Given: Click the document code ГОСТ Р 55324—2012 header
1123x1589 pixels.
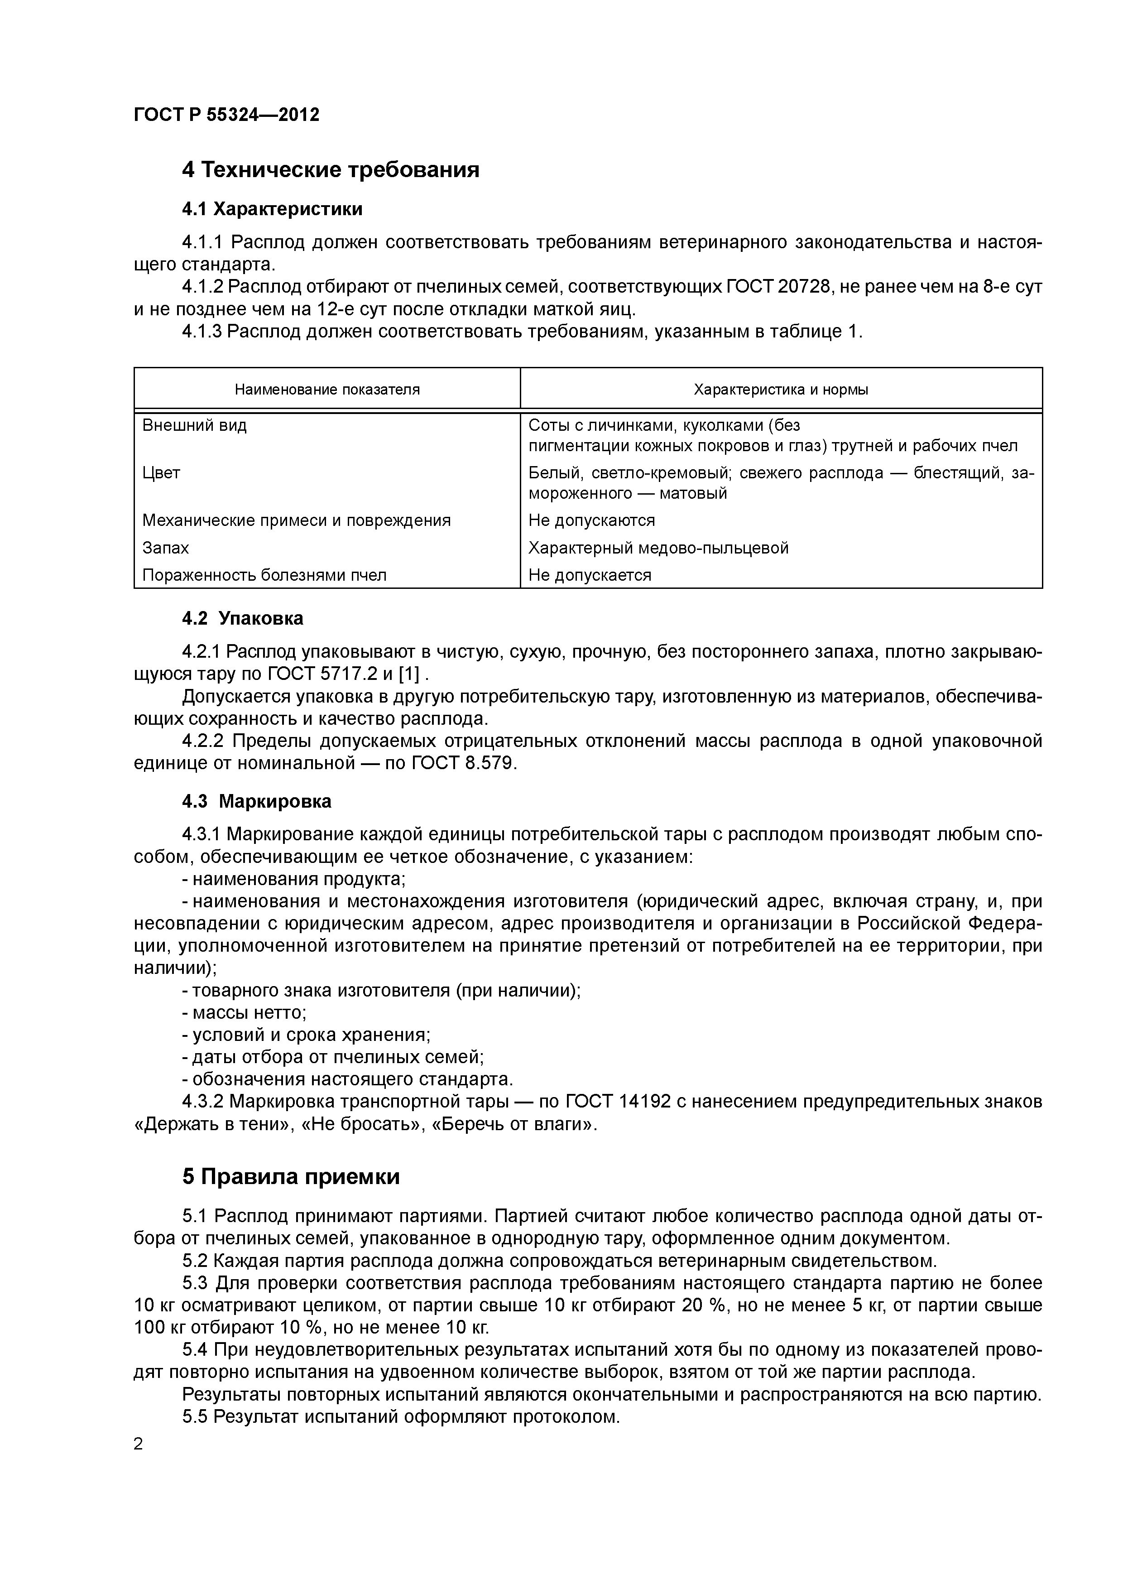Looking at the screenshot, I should [x=226, y=115].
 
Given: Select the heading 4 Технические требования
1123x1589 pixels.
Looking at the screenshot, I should [x=330, y=169].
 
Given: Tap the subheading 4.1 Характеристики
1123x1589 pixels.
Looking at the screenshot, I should [x=272, y=208].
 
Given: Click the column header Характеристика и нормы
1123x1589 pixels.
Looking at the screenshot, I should [x=781, y=390].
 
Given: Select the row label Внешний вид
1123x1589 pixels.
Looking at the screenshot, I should [x=194, y=425].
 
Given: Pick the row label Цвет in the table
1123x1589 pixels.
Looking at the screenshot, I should [x=161, y=473].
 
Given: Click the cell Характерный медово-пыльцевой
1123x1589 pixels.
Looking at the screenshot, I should [x=658, y=548].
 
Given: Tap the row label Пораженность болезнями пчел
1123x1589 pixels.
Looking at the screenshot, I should [x=264, y=575].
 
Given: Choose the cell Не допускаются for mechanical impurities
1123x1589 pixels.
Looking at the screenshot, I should [x=591, y=520].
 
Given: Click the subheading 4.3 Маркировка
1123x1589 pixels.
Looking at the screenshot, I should [x=257, y=801].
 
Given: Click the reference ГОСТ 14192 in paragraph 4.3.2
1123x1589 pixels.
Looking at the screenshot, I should [x=618, y=1101].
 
